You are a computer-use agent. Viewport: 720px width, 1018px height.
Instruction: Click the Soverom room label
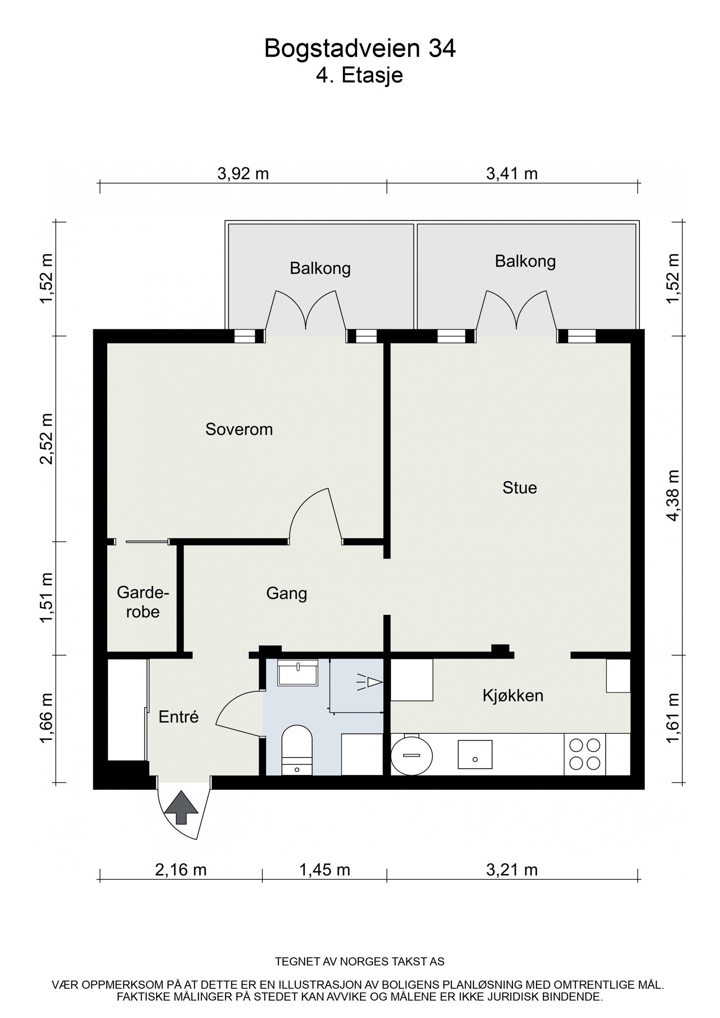[239, 429]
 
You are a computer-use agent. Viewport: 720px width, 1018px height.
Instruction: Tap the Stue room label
[519, 488]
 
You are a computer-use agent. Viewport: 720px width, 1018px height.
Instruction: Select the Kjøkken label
[513, 696]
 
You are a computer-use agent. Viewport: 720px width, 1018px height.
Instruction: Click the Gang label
[286, 593]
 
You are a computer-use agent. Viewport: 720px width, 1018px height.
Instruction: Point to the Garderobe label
[143, 602]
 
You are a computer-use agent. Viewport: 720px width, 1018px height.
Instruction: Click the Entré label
[178, 717]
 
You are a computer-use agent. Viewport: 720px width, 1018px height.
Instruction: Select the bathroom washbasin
[297, 673]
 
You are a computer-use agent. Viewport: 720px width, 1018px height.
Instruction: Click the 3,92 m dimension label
[243, 173]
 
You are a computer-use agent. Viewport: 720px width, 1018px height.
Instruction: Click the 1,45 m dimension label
[324, 870]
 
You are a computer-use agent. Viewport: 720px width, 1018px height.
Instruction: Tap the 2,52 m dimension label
[46, 438]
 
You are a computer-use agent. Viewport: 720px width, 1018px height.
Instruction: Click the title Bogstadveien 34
[360, 49]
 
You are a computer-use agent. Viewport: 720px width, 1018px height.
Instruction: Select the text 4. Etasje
[359, 75]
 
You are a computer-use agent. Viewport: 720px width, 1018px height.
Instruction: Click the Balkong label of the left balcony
[320, 269]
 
